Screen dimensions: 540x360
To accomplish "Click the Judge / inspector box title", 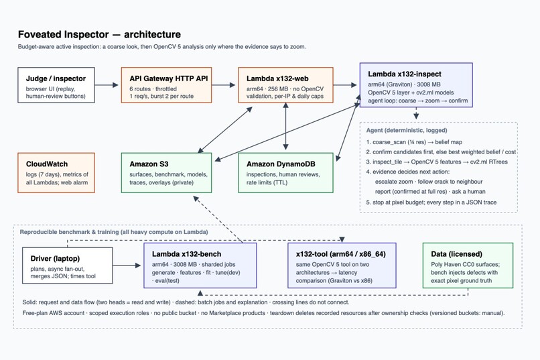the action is coord(56,78).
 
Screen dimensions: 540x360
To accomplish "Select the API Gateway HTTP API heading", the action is coord(169,78).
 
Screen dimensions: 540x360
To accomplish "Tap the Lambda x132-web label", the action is coord(277,78).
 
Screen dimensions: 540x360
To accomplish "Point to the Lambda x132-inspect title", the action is coord(404,74).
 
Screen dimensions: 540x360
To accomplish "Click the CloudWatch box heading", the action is coord(47,164).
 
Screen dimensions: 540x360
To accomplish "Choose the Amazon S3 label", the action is coord(149,164).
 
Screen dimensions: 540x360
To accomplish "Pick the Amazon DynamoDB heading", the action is coord(281,164).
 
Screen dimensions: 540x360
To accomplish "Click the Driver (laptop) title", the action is coord(55,258).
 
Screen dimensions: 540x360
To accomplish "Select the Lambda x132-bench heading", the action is coord(187,254).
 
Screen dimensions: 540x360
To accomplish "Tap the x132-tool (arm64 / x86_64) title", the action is coord(340,254).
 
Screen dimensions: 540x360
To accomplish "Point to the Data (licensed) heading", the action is coord(456,254).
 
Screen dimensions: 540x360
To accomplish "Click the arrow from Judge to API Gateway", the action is coord(107,84).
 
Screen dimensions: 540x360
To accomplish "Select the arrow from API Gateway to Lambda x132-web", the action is coord(224,84).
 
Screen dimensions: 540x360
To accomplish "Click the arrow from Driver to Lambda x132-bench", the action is coord(127,265).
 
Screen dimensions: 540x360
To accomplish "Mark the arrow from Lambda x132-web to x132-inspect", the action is coord(345,84).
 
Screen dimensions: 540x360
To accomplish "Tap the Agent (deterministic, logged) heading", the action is coord(407,130).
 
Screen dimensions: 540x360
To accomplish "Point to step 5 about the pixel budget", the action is coord(431,202).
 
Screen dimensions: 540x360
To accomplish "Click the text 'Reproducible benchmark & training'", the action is coord(69,232).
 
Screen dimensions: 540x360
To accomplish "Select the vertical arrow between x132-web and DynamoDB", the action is coord(285,126).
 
